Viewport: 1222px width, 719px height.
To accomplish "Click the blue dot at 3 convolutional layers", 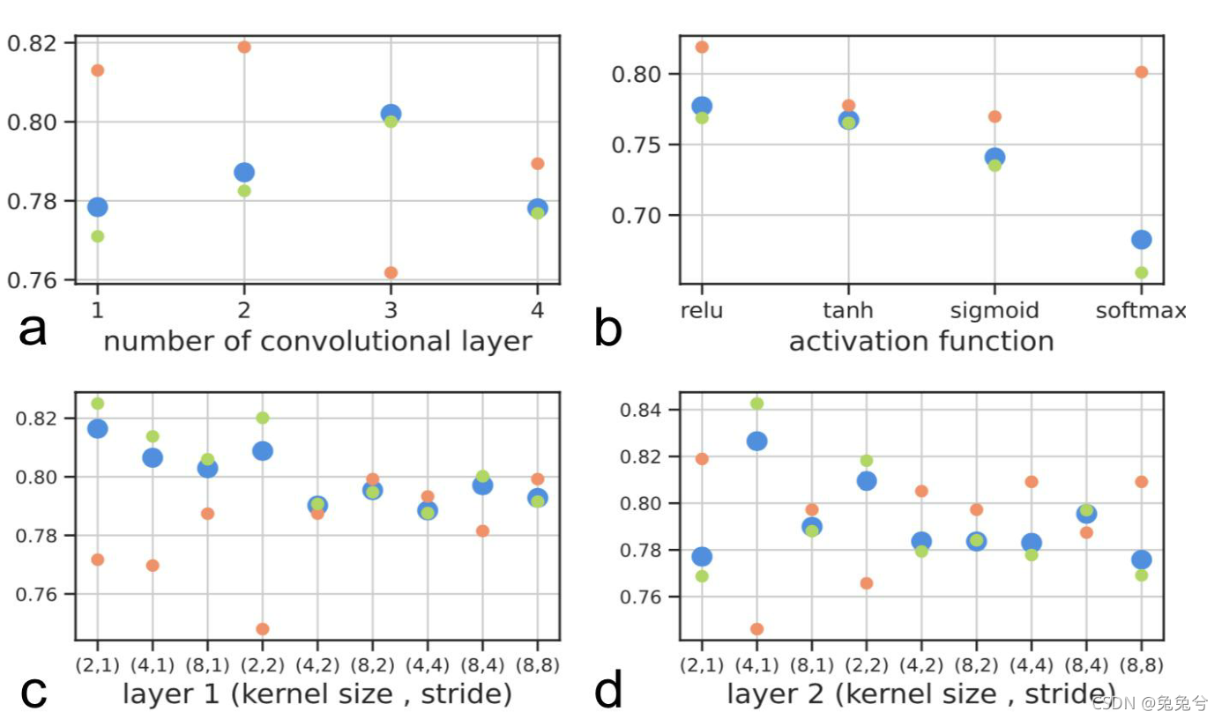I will click(x=391, y=114).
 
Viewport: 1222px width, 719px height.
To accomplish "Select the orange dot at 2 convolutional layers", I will click(x=244, y=47).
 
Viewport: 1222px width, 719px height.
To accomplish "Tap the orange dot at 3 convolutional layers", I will click(x=391, y=272).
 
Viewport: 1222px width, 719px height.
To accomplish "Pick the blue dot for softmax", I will click(x=1142, y=240).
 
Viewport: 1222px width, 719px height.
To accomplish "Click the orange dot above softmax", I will click(x=1142, y=72).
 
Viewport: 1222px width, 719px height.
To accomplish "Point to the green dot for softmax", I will click(x=1142, y=272).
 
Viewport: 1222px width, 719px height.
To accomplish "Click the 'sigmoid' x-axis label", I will click(x=995, y=310).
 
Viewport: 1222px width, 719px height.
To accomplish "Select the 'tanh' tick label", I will click(x=847, y=310).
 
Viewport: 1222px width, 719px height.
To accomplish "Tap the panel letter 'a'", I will click(x=33, y=330).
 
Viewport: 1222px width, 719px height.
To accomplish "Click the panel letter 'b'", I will click(x=608, y=330).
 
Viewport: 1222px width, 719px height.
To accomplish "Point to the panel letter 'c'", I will click(x=33, y=693).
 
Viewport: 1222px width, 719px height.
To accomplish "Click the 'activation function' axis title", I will click(x=920, y=341).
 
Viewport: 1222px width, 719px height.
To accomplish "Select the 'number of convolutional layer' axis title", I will click(x=317, y=341).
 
